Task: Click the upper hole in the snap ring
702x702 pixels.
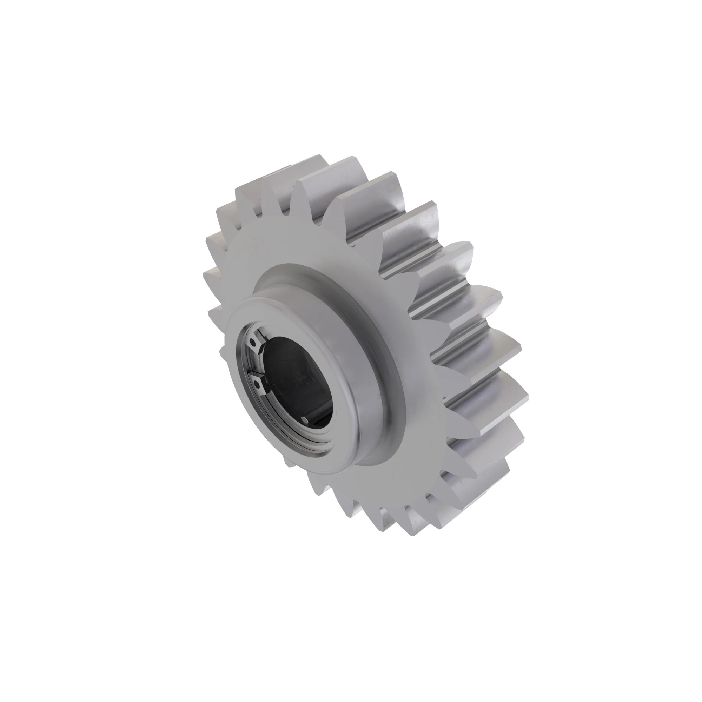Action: tap(251, 342)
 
